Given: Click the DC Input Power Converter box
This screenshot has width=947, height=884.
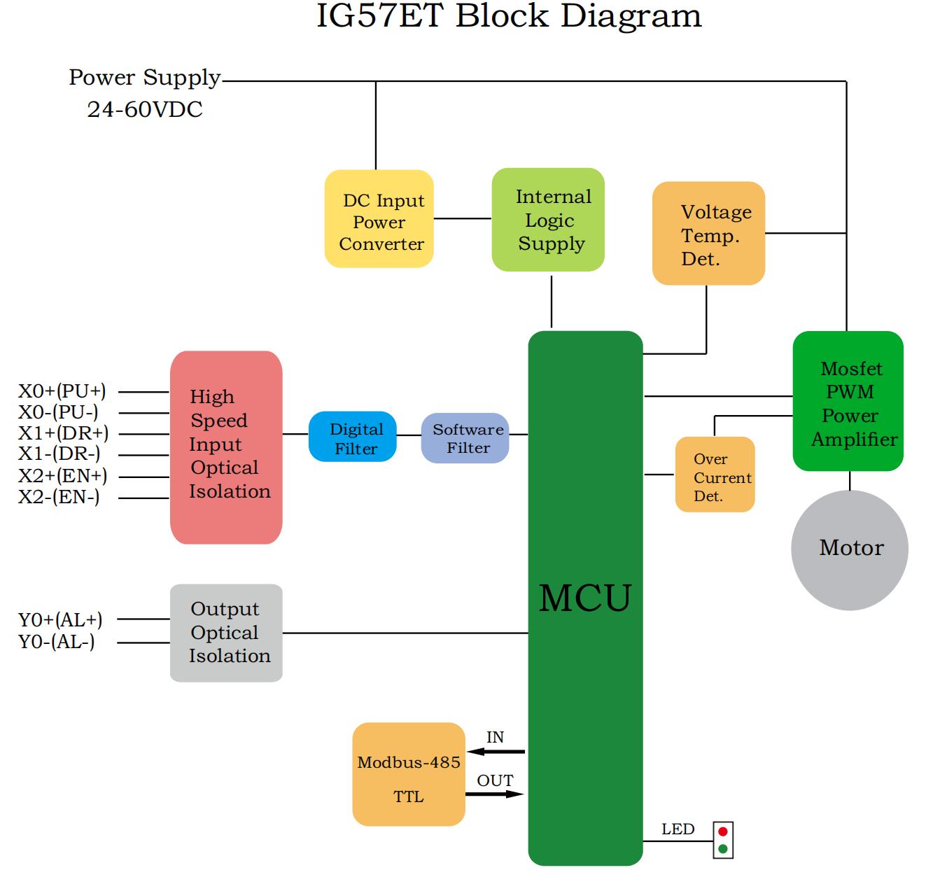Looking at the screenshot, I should [x=379, y=219].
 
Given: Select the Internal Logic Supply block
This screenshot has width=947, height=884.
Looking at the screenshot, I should [x=548, y=220].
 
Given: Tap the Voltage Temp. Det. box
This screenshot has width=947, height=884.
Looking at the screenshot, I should [x=708, y=234].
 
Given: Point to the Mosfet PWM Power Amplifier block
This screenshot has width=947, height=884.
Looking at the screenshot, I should [x=848, y=401].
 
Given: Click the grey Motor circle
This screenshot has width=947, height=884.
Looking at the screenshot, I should [x=850, y=549].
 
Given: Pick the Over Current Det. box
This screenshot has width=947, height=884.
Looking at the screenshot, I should [x=715, y=475].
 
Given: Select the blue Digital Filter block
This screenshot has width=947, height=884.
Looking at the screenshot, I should [x=353, y=437].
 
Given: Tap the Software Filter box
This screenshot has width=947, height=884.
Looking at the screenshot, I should [x=465, y=438].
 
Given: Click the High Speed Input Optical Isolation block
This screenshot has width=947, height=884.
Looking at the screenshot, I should [x=226, y=447].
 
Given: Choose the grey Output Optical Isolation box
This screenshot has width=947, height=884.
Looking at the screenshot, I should [x=226, y=633].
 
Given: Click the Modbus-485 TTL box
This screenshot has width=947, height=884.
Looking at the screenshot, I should [x=409, y=774].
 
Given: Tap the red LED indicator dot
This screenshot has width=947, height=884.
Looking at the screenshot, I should [x=723, y=832].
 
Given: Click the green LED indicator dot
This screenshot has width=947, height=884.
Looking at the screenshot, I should [x=723, y=849].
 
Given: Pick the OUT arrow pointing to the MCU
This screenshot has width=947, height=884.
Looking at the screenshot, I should [x=495, y=794].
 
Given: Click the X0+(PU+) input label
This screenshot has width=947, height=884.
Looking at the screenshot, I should [x=62, y=391].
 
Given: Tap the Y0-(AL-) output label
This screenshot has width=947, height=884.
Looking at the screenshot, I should [x=57, y=642].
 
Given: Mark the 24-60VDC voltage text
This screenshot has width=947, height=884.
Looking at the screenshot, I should [x=145, y=110].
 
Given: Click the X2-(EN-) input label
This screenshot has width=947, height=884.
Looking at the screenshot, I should [x=59, y=498].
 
